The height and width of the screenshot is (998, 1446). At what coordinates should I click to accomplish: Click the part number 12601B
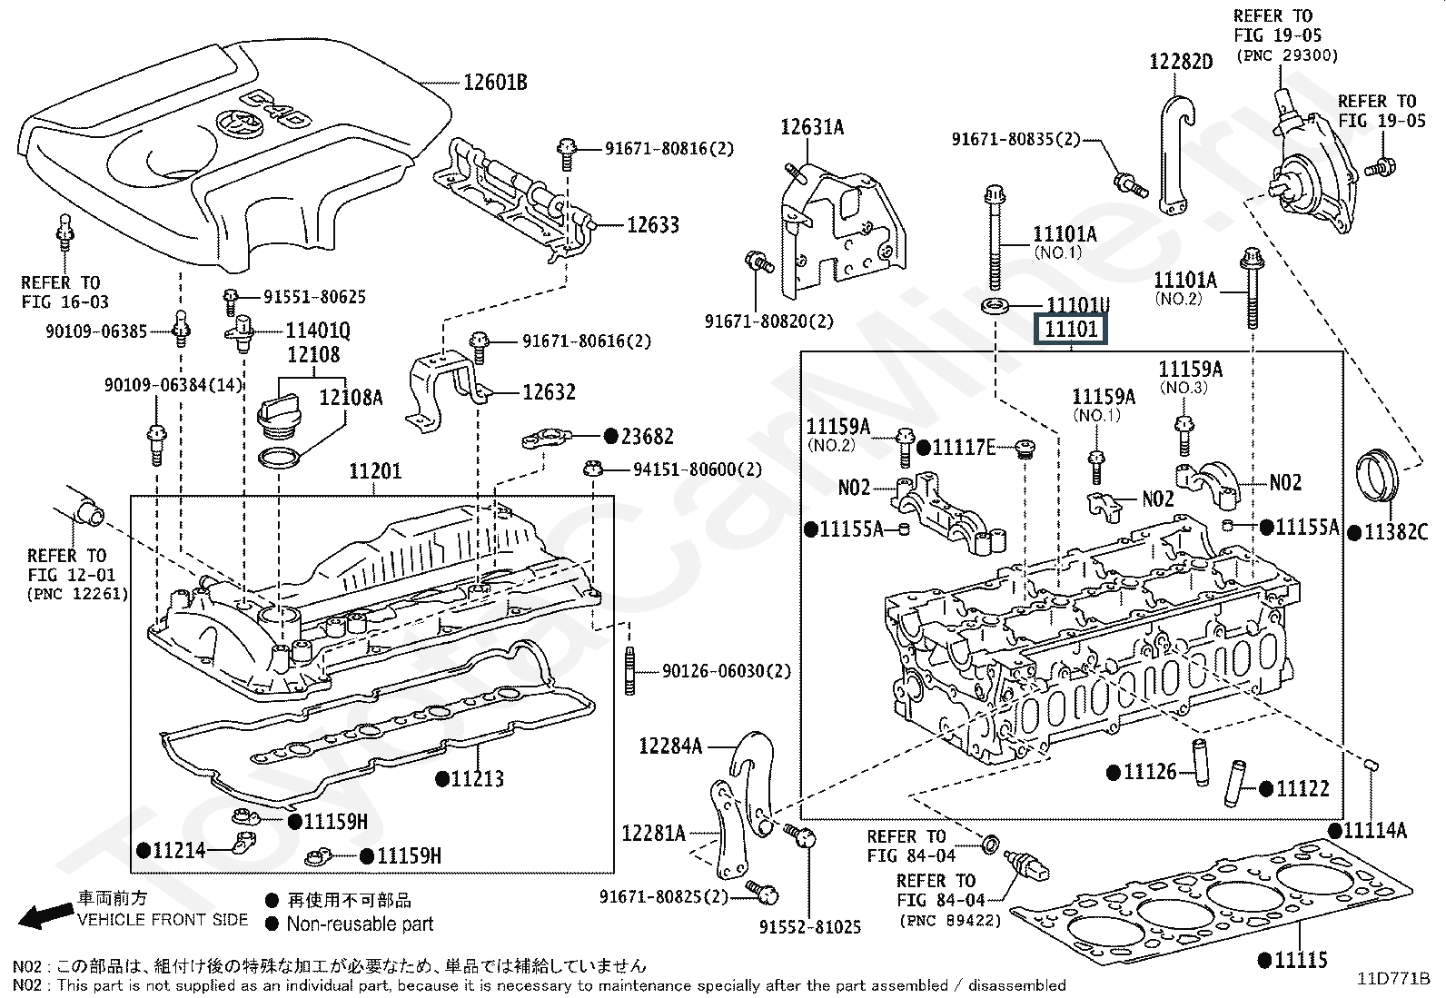click(x=495, y=83)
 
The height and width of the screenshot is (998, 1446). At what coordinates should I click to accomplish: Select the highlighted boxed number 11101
click(x=1072, y=330)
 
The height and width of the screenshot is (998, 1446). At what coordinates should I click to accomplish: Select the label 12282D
click(x=1181, y=61)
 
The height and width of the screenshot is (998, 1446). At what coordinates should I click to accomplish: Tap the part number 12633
click(x=652, y=224)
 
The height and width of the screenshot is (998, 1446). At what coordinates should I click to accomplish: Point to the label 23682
click(x=647, y=437)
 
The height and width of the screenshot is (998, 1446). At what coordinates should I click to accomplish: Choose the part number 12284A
click(x=670, y=746)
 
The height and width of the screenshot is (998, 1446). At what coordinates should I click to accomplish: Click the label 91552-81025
click(x=809, y=927)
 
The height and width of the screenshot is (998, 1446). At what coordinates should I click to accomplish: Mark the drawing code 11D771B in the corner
click(x=1393, y=978)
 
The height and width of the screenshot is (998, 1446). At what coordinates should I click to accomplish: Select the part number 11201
click(x=375, y=471)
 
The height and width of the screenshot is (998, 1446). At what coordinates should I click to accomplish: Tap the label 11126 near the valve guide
click(x=1149, y=772)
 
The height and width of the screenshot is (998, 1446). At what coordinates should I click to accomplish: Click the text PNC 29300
click(x=1287, y=55)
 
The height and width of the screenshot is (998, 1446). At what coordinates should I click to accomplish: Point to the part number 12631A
click(x=812, y=127)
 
